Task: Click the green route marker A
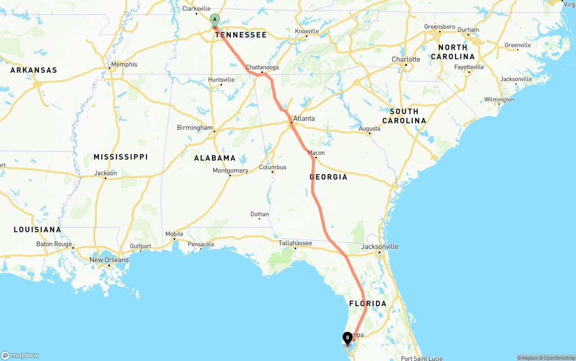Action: [x=215, y=19]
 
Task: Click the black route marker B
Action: [x=347, y=338]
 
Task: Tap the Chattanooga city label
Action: [x=262, y=67]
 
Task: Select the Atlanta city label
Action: [x=304, y=119]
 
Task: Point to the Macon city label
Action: [x=316, y=153]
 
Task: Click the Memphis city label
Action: [x=124, y=64]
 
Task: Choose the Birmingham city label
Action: [x=194, y=128]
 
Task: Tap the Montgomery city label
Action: [x=230, y=171]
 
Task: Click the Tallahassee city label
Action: [x=295, y=243]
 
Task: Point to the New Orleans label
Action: [x=109, y=260]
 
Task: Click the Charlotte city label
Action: [x=406, y=59]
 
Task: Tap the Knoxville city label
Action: [x=307, y=31]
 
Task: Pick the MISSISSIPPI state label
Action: [x=121, y=157]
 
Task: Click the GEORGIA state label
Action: [x=328, y=177]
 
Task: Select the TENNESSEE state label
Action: [x=241, y=35]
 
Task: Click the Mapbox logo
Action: [x=20, y=355]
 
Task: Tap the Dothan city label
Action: [x=260, y=214]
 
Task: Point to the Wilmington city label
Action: [x=499, y=99]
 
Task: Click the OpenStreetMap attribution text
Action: [x=556, y=358]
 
